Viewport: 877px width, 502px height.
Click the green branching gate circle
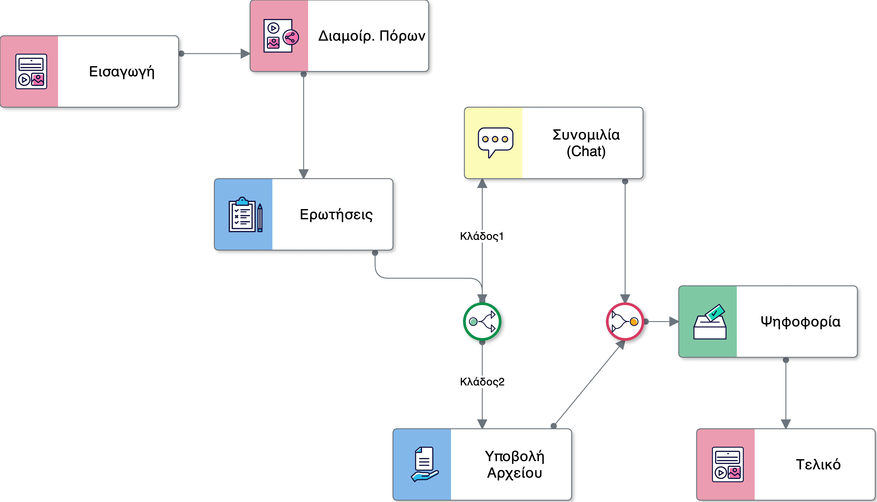[x=482, y=322]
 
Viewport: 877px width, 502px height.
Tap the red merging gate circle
[x=625, y=322]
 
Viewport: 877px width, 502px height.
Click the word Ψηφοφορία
[x=800, y=322]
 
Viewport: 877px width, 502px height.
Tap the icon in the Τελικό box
[x=728, y=464]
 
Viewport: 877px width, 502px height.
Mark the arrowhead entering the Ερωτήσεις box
[x=303, y=174]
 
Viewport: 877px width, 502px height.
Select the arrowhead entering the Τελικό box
[x=786, y=424]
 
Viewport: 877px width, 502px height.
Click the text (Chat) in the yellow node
[x=586, y=151]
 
